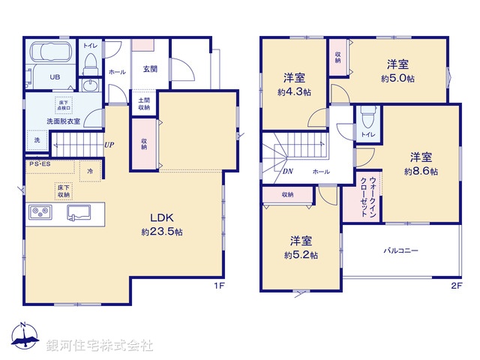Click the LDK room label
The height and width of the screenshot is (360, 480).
[162, 218]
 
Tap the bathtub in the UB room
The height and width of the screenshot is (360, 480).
[49, 55]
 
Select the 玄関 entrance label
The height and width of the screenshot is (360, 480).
[150, 69]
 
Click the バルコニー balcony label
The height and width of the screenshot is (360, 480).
[401, 250]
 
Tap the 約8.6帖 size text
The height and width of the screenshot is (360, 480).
[421, 172]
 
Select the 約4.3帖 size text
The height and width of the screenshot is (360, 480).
[294, 92]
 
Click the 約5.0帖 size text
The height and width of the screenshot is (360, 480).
[397, 79]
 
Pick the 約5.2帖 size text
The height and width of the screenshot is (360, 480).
[301, 255]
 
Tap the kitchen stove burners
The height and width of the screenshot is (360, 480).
[40, 213]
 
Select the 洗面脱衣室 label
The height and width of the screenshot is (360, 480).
[63, 120]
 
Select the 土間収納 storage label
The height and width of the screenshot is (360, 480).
[143, 103]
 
